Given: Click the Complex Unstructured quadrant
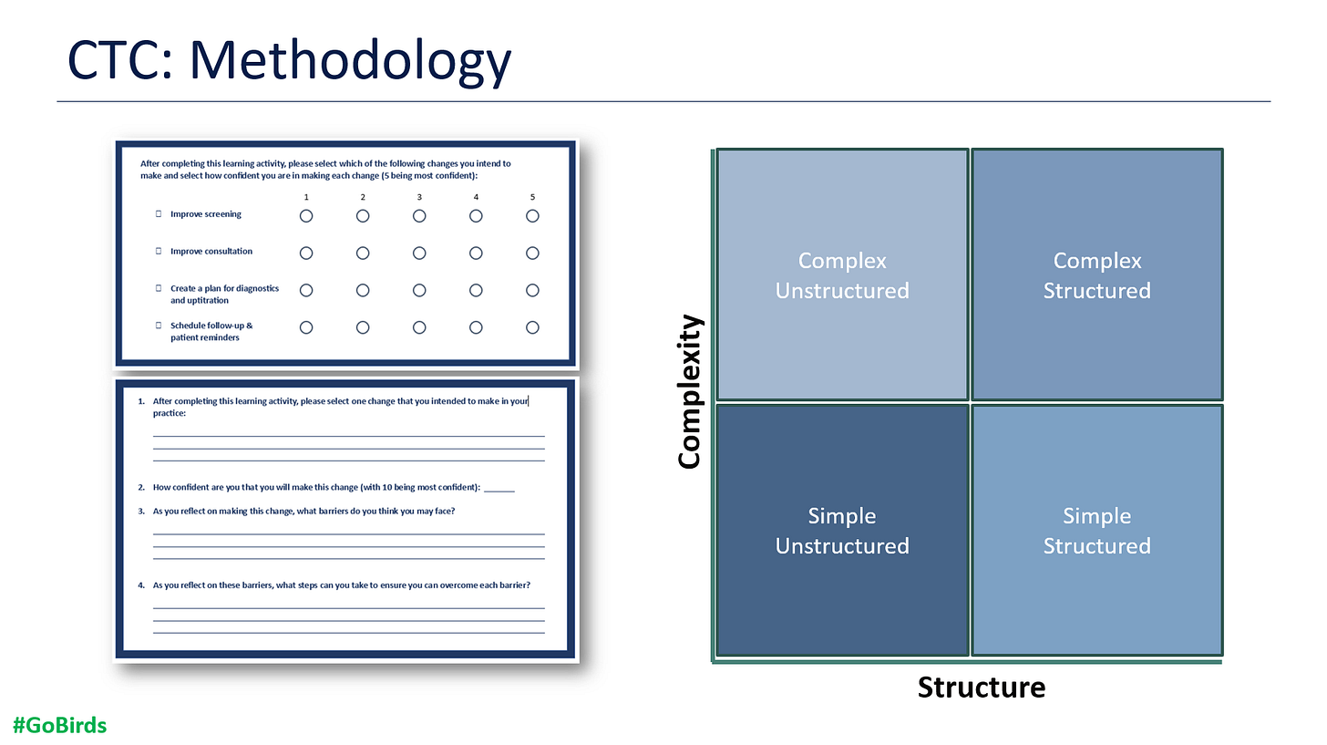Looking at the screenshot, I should [842, 274].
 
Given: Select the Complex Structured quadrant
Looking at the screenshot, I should [1096, 274].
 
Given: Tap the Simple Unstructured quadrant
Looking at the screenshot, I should [842, 530].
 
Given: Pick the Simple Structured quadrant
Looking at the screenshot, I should [1096, 530].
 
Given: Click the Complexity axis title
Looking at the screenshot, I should [691, 391].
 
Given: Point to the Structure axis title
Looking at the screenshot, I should [981, 687].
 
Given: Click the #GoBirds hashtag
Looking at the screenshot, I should [60, 726].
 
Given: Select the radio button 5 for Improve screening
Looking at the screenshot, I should [532, 216].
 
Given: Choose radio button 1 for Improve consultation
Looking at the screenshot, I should [306, 253].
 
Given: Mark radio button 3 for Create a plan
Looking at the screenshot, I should [419, 290].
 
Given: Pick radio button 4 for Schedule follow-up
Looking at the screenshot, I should [476, 327].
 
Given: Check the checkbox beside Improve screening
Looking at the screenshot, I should [159, 214].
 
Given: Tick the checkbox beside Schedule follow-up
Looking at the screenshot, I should [159, 325].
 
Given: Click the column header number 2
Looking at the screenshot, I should [363, 197].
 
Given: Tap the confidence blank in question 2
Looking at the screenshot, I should [499, 488].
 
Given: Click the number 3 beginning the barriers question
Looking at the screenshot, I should [141, 512].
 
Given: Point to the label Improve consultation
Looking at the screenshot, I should [211, 252].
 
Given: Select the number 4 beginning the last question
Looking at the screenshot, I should [141, 585].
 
